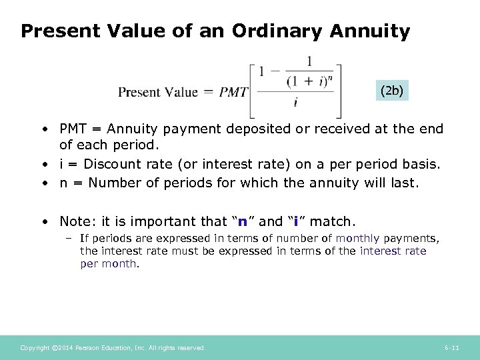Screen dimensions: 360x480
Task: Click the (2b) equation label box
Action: [x=391, y=89]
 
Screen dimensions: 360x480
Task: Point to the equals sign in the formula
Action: [x=209, y=92]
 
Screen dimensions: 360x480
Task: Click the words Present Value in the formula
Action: [x=158, y=92]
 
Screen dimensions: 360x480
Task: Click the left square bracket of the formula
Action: [x=254, y=90]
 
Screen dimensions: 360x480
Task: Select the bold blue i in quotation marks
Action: [x=295, y=221]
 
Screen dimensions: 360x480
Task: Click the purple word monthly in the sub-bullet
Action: [x=357, y=238]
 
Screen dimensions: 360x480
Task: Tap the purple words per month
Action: [x=108, y=263]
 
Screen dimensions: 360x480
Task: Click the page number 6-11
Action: [x=451, y=348]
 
